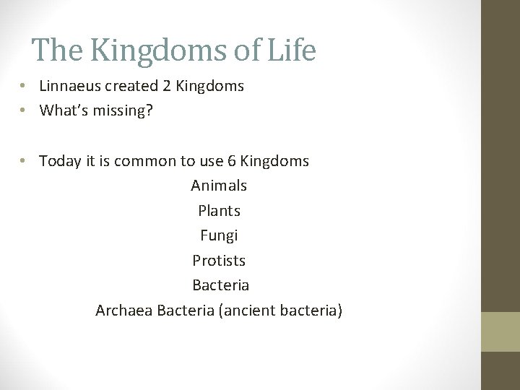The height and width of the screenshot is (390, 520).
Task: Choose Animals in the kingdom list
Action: click(x=219, y=186)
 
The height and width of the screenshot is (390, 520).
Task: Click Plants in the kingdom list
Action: click(x=219, y=211)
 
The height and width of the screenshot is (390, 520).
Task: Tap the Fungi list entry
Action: click(x=219, y=235)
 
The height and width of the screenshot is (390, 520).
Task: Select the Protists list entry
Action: click(x=219, y=260)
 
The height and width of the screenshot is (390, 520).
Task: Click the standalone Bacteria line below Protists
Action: click(x=221, y=285)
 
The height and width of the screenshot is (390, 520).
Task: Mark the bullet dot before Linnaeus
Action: click(x=24, y=86)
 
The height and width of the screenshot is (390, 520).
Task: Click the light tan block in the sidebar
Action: click(x=500, y=331)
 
